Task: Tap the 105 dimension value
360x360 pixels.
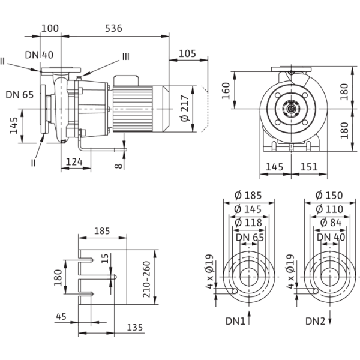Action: click(188, 54)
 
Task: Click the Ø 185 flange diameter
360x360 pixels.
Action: click(249, 196)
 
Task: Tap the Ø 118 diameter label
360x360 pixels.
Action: click(249, 222)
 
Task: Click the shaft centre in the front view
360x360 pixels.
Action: click(293, 109)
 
